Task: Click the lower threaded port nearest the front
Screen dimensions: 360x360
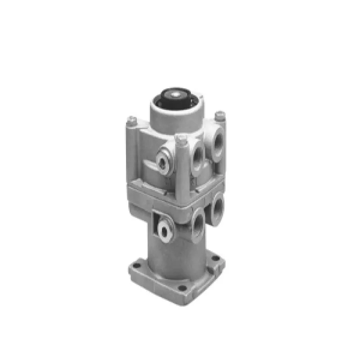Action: pyautogui.click(x=198, y=222)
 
